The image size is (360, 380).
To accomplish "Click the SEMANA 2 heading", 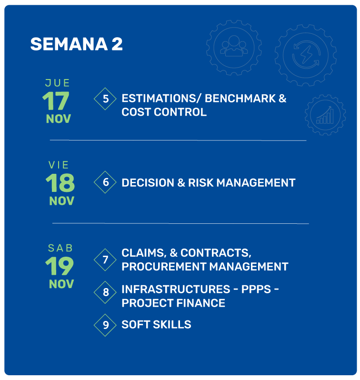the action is point(76,44).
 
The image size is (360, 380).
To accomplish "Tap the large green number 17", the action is point(56,100).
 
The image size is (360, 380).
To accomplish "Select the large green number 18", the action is point(60,183).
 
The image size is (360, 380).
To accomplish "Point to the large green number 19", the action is point(60,266).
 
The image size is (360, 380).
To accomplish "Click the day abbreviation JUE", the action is point(58,83).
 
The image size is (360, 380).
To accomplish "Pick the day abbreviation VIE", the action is point(59,165).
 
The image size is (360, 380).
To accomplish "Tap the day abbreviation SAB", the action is point(60,248).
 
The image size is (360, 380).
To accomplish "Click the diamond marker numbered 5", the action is point(105,99).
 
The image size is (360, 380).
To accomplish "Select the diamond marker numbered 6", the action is point(105,182).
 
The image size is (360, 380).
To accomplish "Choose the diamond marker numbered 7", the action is point(105,260).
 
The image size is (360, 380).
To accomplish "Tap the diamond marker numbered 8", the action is point(105,292).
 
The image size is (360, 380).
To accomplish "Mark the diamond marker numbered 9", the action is point(105,325).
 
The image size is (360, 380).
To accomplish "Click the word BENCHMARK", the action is point(240,99).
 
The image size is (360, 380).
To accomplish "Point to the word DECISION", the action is point(148,183).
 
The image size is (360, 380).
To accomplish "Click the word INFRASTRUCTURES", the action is point(176,289).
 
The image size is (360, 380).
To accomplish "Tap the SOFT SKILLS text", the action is point(156,324).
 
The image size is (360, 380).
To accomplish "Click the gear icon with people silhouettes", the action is point(234,48).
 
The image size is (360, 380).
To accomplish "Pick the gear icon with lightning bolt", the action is point(306,55).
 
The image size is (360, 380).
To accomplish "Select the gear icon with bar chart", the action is point(325,115).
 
